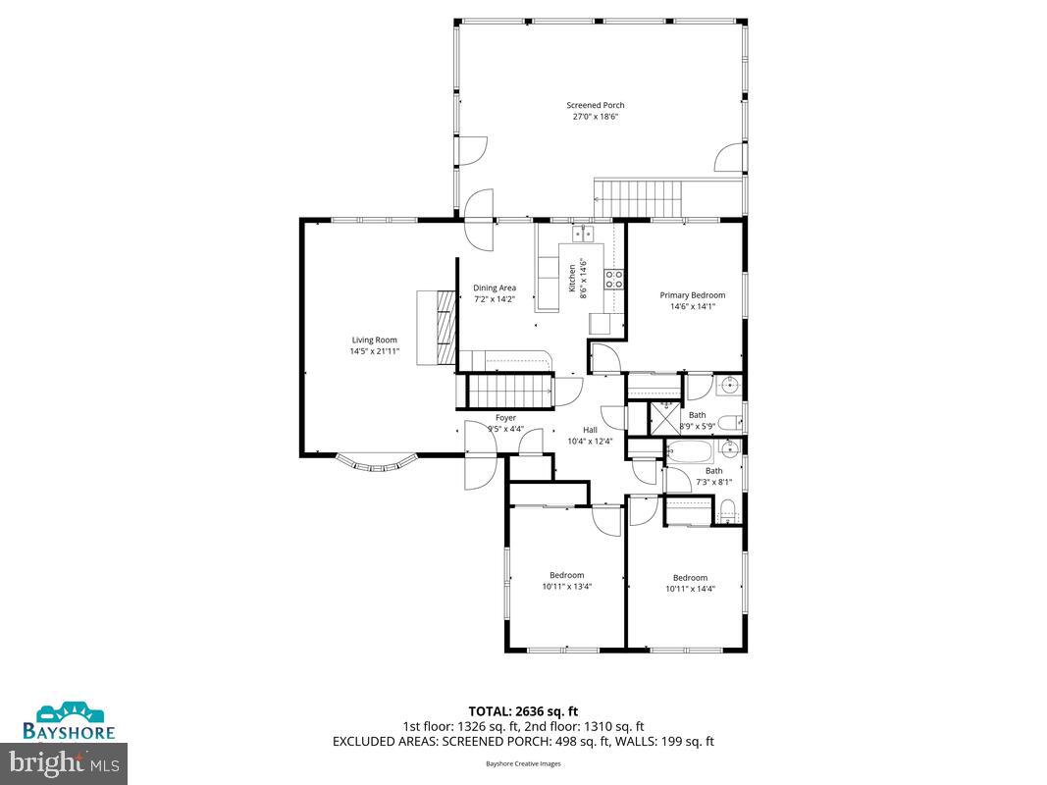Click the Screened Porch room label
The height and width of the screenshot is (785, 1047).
coord(595,105)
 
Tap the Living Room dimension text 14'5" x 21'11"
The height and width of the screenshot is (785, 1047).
coord(374,351)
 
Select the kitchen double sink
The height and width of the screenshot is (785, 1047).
coord(584,234)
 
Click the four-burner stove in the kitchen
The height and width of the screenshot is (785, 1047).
coord(614,278)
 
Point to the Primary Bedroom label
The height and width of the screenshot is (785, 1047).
coord(692,295)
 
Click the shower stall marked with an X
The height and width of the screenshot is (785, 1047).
coord(665,415)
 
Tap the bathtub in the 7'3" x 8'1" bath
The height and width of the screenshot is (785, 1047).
coord(692,452)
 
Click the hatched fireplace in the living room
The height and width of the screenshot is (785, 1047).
coord(446,327)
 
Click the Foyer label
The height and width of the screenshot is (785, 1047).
coord(505,418)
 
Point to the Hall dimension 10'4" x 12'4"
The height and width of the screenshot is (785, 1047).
coord(590,442)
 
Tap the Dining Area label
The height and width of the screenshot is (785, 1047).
coord(495,288)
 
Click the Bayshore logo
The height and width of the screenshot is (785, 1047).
coord(70,721)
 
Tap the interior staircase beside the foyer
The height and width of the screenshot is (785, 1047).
coord(508,392)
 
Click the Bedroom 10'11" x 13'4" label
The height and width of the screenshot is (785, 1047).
coord(566,575)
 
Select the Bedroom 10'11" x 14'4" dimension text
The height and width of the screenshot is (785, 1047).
coord(690,589)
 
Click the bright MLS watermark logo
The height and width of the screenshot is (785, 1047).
coord(65,759)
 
